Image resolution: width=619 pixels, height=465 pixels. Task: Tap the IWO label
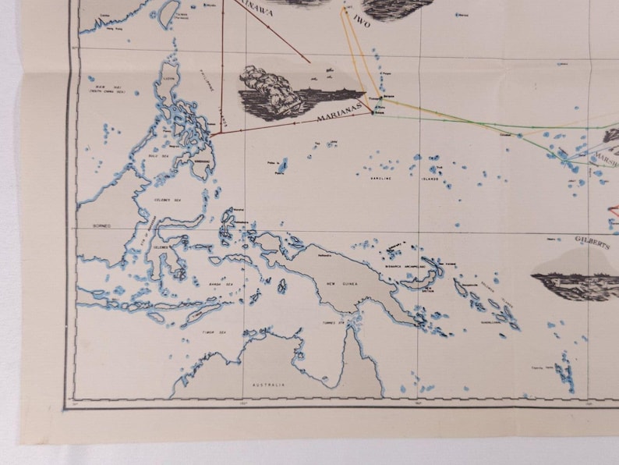(363, 20)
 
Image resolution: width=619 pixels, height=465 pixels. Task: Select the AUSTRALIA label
(268, 385)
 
